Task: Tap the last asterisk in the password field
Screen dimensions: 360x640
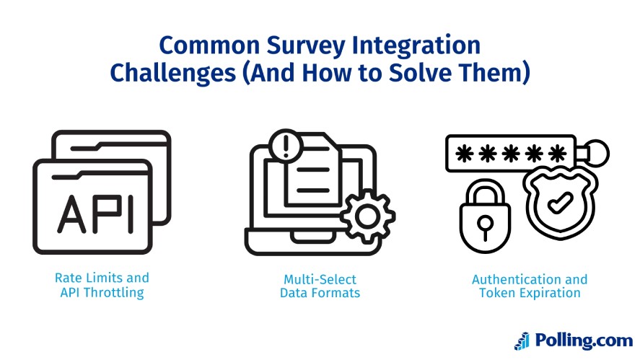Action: [556, 154]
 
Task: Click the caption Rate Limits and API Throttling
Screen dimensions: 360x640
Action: [102, 286]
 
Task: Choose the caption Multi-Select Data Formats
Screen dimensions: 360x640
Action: [320, 286]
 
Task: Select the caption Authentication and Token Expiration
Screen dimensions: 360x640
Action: [530, 286]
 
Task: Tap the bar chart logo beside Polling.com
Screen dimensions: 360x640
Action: [522, 341]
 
